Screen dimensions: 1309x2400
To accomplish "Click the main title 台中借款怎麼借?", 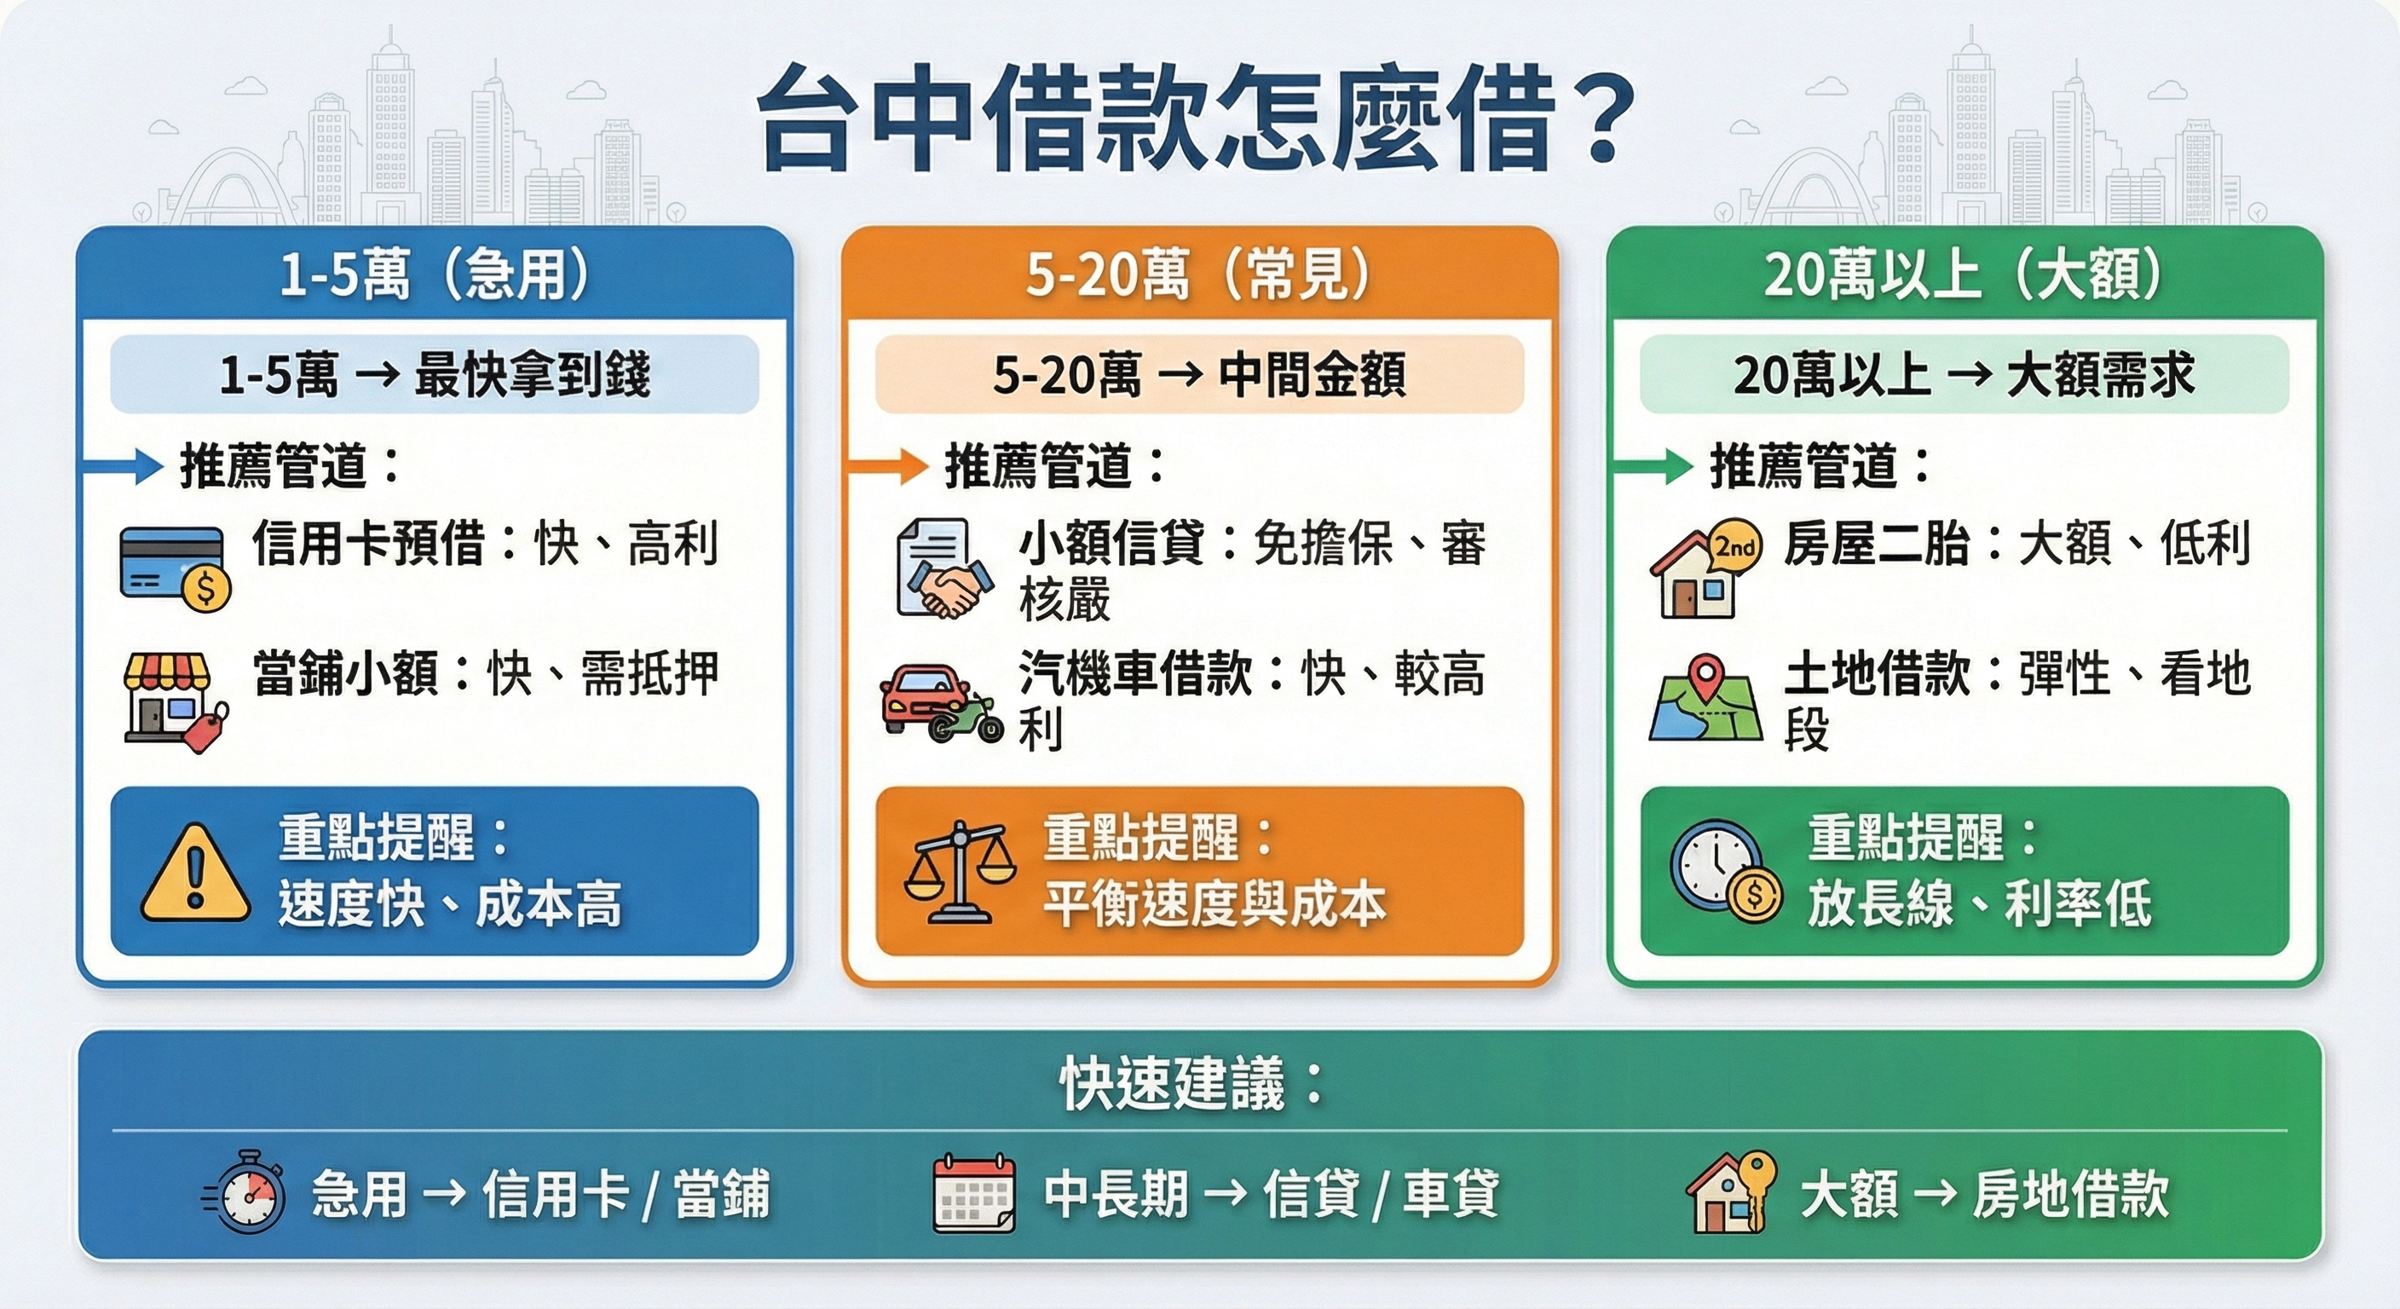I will point(1197,119).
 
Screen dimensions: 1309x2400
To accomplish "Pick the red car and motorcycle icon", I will point(940,703).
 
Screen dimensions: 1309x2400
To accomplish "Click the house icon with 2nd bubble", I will point(1705,568).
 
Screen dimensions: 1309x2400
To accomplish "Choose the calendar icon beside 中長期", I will point(973,1192).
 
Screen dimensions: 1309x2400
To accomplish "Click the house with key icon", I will point(1731,1192).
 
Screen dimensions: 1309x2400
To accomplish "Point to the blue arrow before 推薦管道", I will point(124,466).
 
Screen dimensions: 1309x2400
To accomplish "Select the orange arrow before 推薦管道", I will point(888,466).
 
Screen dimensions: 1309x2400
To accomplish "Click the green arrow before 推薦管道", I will point(1653,466).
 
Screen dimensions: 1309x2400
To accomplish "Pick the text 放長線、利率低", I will point(1979,903).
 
